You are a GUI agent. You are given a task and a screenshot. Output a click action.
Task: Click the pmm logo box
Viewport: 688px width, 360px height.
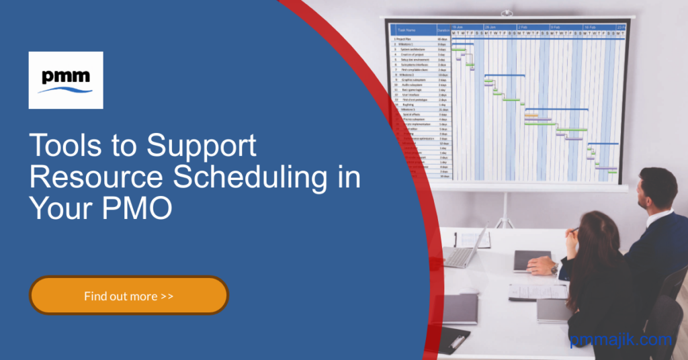66,80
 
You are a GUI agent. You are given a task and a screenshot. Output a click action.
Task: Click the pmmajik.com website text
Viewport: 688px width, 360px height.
621,340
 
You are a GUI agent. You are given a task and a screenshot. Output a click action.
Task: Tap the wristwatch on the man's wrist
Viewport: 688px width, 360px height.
554,269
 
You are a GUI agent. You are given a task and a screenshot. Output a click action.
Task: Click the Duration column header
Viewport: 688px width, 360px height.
443,30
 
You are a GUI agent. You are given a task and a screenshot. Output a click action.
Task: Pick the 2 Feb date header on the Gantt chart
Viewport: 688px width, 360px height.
522,27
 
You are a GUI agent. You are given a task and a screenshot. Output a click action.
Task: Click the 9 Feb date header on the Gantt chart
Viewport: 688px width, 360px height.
556,27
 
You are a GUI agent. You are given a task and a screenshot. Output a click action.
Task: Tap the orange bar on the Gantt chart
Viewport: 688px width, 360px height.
531,116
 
